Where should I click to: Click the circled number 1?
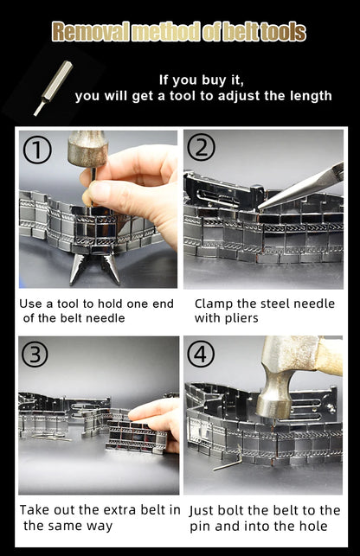click(x=37, y=150)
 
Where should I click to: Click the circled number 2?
click(x=201, y=149)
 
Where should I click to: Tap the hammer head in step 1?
click(x=87, y=148)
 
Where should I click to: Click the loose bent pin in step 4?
click(x=227, y=463)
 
